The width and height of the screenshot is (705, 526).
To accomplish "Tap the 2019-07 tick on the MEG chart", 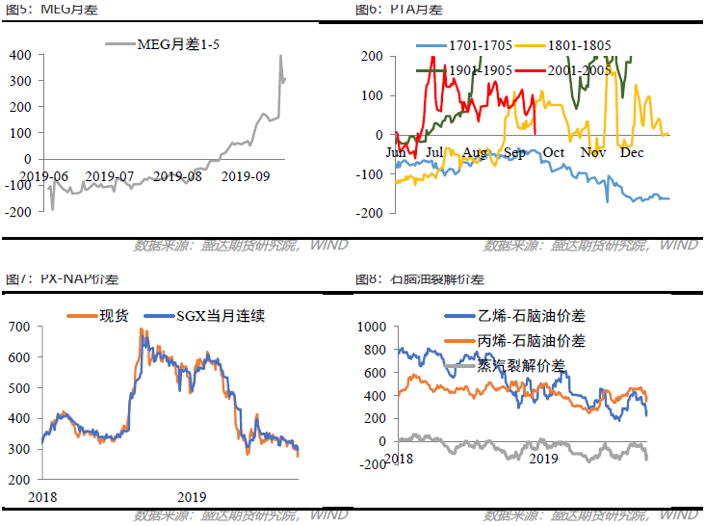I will (112, 175).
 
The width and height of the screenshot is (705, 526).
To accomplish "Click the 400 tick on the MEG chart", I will (19, 55).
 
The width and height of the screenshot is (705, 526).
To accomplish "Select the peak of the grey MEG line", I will (280, 56).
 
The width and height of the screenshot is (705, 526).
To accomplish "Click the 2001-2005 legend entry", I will (581, 69).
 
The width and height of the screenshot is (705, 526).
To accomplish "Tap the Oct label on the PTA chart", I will (553, 152).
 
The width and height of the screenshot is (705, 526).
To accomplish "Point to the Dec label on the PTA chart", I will (632, 152).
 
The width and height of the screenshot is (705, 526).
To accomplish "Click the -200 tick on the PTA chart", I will (374, 212).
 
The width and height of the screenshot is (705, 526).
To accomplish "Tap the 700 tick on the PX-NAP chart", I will (19, 327).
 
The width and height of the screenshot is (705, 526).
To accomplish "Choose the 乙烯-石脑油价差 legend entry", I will (531, 316).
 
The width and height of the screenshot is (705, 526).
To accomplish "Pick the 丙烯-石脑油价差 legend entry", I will (531, 340).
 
